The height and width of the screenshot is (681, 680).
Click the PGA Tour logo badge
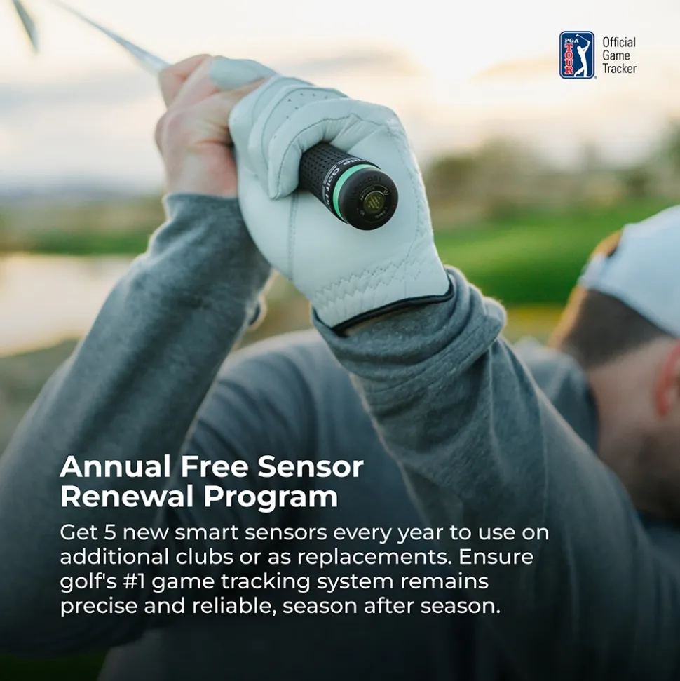(x=577, y=55)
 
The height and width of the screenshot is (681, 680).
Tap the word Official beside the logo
(x=619, y=43)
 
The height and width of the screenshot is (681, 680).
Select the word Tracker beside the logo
(x=619, y=69)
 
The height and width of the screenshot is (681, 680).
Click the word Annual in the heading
(x=115, y=466)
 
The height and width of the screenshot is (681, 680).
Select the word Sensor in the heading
(x=310, y=466)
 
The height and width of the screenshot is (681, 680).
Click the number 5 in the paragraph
(x=110, y=532)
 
